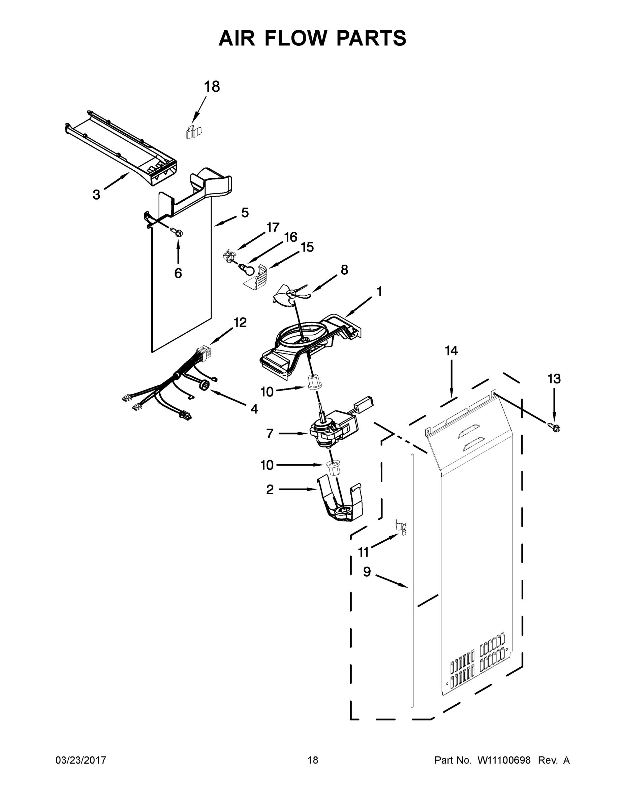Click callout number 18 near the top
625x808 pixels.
(212, 87)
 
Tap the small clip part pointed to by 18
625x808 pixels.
(193, 132)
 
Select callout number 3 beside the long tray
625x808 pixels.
(96, 195)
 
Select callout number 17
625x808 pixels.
(273, 227)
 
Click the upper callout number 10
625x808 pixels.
(267, 392)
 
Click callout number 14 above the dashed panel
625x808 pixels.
(451, 350)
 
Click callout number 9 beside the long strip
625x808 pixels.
(367, 572)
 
